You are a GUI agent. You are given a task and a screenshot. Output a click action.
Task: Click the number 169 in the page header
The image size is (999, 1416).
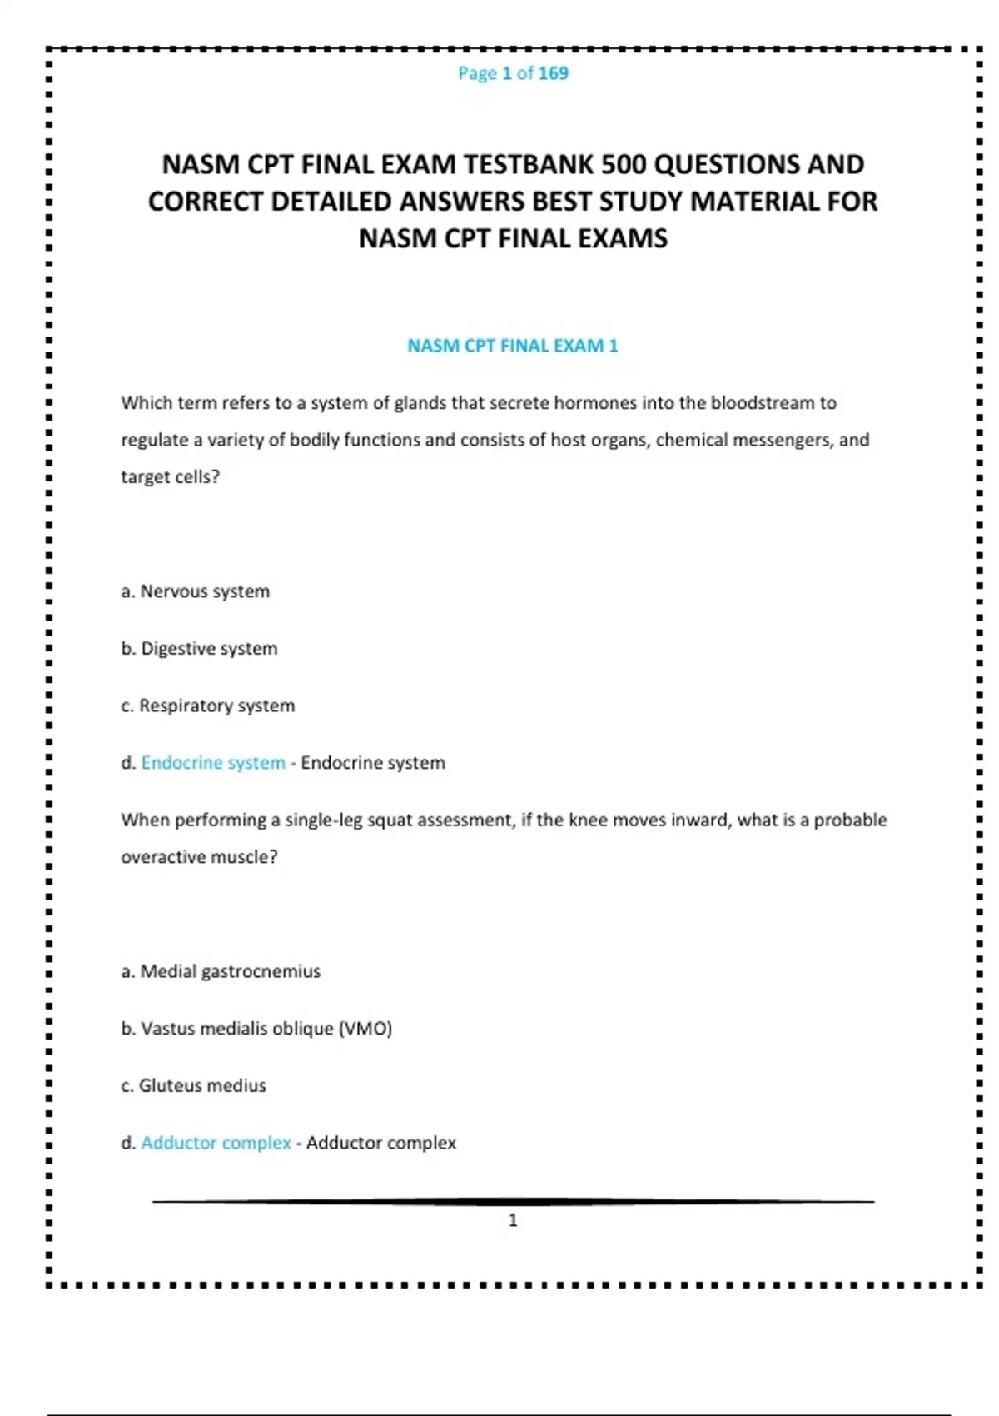point(553,73)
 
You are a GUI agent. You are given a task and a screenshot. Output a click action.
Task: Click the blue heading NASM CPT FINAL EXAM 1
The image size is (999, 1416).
point(512,346)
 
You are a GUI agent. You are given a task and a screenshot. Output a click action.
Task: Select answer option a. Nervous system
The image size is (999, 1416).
point(196,591)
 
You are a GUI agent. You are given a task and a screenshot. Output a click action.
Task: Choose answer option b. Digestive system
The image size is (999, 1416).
point(200,649)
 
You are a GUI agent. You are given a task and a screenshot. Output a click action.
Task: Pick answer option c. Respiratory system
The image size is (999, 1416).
point(208,706)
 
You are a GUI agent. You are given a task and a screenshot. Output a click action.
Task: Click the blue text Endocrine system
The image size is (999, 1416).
point(213,763)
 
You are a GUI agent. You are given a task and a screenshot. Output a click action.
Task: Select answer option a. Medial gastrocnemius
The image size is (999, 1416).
point(221,971)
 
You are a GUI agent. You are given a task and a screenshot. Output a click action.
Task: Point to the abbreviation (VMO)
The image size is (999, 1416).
point(365,1029)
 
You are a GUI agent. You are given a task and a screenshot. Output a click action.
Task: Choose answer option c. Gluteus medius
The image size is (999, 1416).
point(194,1085)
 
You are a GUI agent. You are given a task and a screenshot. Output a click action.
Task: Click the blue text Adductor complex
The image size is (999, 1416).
point(216,1143)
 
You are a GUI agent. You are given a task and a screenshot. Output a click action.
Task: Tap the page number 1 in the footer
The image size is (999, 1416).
point(513,1220)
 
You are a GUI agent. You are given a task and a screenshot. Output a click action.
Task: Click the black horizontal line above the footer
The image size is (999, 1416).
point(513,1202)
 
